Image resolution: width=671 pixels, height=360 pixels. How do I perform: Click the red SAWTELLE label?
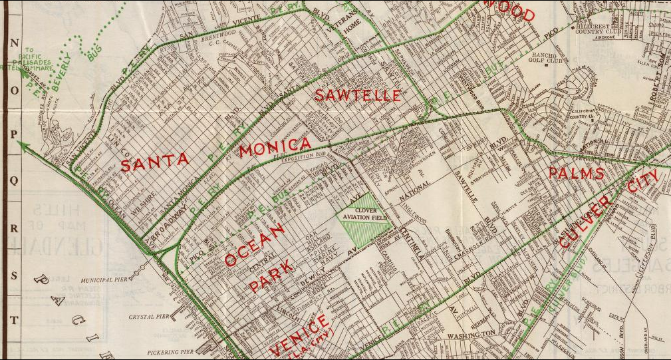pos(358,95)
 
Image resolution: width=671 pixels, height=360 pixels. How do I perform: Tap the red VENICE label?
pos(297,337)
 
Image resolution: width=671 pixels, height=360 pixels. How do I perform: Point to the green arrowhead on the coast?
pos(24,146)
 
